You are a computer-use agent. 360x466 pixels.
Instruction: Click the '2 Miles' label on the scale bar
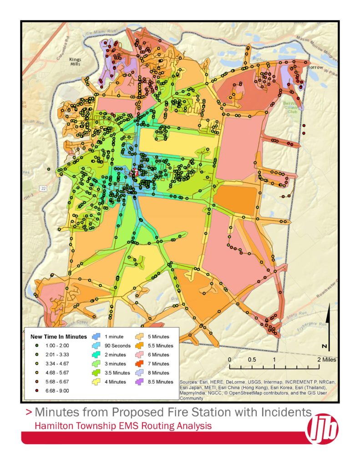[326, 360]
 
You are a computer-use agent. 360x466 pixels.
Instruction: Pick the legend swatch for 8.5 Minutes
[140, 381]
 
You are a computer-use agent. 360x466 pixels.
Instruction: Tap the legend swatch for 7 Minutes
[140, 364]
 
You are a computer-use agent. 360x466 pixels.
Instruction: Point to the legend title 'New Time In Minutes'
[58, 337]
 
